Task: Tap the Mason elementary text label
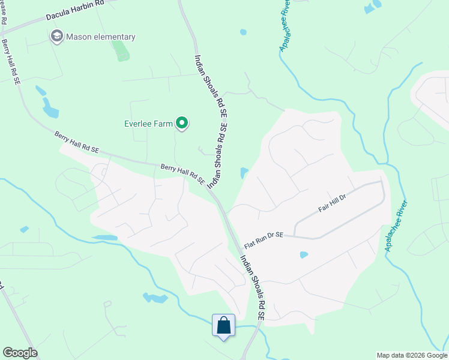click(101, 37)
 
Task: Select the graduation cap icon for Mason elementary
click(57, 37)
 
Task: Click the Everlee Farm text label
click(148, 124)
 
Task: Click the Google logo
click(20, 353)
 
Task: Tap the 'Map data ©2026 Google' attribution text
click(412, 355)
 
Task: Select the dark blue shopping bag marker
click(223, 326)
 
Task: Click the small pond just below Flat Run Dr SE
click(304, 254)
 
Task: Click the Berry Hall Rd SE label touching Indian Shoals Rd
click(183, 175)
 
